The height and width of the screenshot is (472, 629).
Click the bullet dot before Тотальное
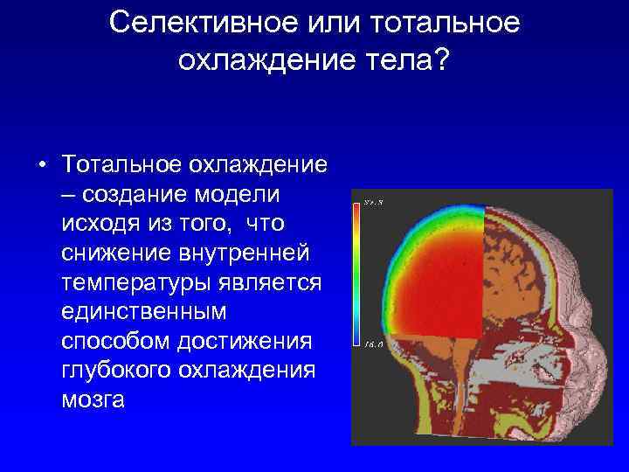point(41,165)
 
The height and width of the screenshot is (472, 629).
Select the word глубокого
point(115,371)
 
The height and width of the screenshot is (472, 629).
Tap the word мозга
point(93,401)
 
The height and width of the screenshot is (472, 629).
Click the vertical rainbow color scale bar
point(357,271)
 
